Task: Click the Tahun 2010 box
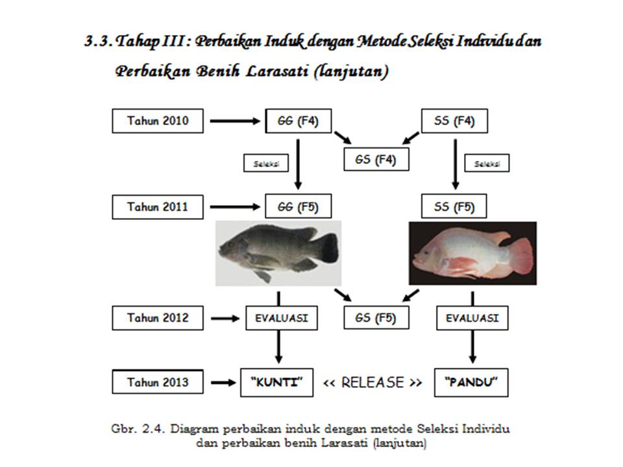coord(158,121)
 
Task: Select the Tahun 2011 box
coord(158,207)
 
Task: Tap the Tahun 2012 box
coord(158,318)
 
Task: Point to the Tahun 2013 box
coord(158,382)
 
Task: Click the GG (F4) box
coord(299,121)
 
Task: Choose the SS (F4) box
coord(454,121)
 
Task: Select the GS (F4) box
coord(376,159)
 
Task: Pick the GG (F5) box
coord(299,207)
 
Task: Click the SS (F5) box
coord(454,207)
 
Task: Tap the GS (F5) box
coord(376,318)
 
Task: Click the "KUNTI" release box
coord(277,382)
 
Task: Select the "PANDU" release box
coord(472,382)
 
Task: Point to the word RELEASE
coord(373,382)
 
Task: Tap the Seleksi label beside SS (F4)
coord(487,163)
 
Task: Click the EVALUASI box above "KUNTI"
coord(281,318)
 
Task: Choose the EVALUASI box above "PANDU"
coord(472,318)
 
